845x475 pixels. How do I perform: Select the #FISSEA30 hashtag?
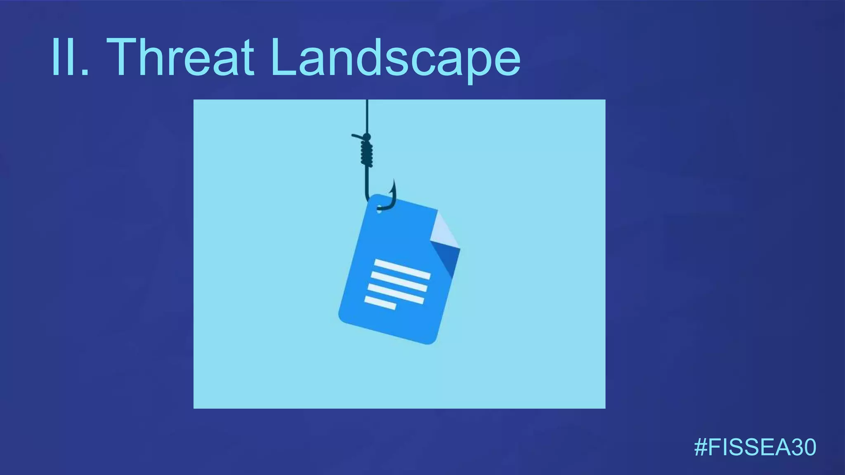click(x=755, y=447)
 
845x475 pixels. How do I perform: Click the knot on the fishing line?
click(x=366, y=153)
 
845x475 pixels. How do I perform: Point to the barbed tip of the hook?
click(x=394, y=183)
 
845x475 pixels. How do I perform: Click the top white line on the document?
click(x=402, y=269)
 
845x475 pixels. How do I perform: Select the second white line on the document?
click(x=399, y=281)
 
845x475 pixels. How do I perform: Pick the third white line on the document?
click(x=395, y=294)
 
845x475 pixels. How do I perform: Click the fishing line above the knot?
click(x=367, y=115)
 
